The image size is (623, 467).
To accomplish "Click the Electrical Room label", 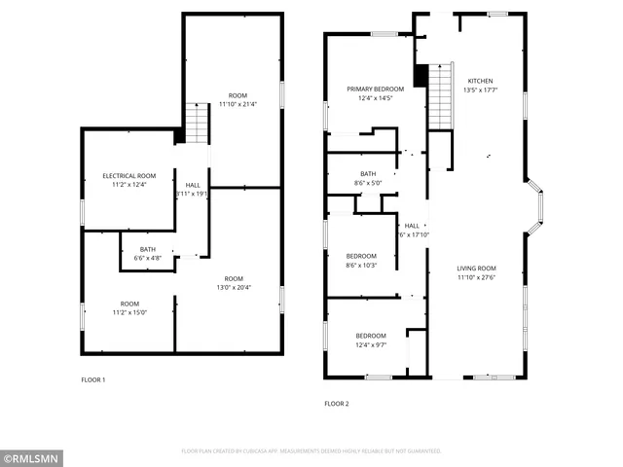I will coord(128,175).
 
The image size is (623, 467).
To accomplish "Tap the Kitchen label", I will coord(480,81).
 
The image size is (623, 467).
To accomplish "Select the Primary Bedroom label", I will coord(375,89).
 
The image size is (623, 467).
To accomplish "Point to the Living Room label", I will coord(477,269).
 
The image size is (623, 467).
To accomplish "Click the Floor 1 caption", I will coord(92,379).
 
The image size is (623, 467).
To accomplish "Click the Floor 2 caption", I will coord(336,403).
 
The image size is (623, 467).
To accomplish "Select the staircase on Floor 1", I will coord(198,123).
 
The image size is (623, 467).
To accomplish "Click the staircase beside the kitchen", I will coord(442,88).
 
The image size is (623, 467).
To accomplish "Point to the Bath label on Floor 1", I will coord(147,249).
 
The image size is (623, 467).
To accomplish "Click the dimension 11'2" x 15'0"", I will coord(128,313).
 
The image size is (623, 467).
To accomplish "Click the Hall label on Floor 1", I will coord(193,185).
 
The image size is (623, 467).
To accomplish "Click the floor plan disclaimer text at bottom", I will coord(311,451).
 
